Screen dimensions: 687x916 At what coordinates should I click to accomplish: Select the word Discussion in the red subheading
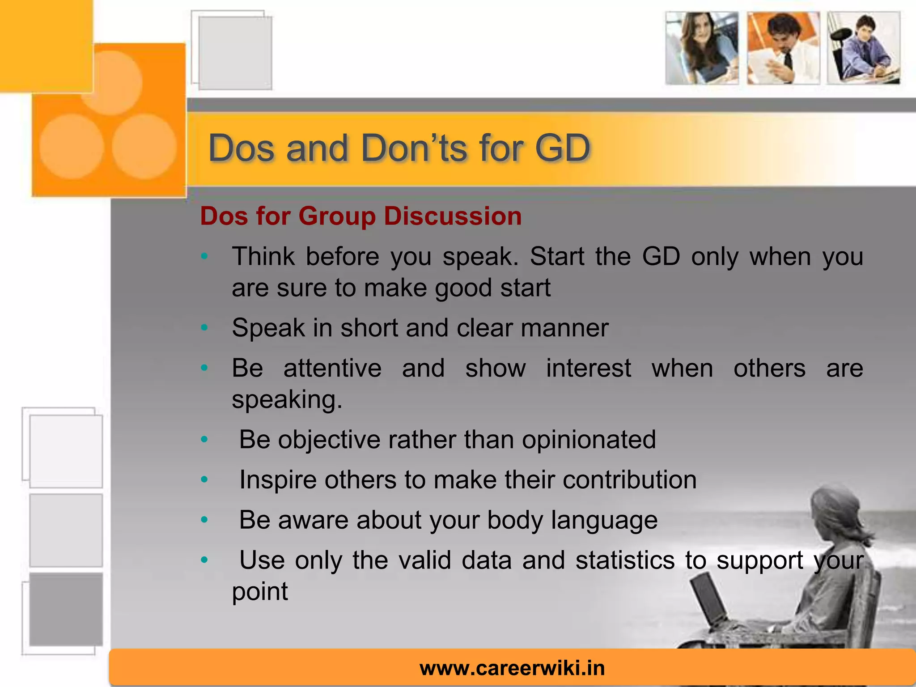tap(453, 216)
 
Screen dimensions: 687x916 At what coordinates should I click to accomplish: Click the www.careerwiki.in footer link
tap(512, 668)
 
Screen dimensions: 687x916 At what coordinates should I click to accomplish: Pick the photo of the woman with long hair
tap(701, 48)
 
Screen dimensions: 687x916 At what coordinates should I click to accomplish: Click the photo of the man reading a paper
tap(783, 48)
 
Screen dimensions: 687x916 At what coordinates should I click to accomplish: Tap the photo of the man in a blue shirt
tap(863, 48)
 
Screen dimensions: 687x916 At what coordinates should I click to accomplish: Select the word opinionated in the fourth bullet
tap(589, 439)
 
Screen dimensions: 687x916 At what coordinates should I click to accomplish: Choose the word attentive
tap(332, 369)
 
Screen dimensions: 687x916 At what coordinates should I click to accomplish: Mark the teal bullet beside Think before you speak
tap(204, 256)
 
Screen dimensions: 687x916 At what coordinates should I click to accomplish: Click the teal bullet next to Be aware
tap(204, 520)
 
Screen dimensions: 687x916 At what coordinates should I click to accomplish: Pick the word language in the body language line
tap(604, 521)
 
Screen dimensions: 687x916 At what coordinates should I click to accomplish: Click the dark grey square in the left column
tap(66, 609)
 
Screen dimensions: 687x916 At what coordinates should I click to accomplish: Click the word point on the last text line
tap(260, 591)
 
